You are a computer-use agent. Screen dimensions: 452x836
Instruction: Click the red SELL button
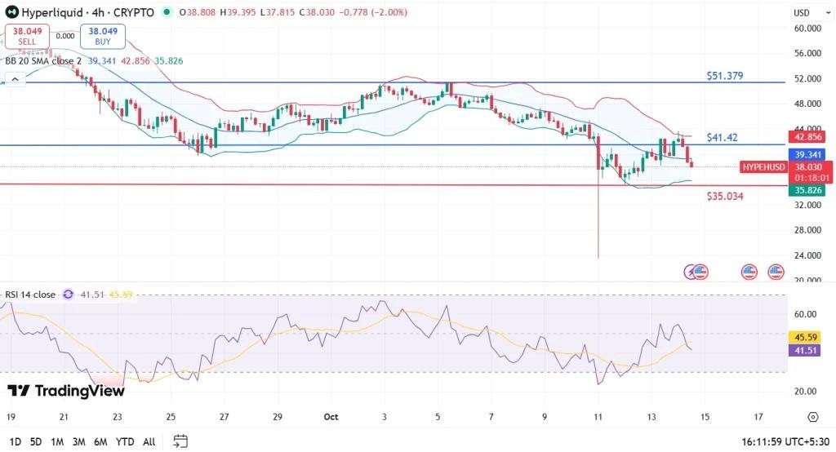(27, 35)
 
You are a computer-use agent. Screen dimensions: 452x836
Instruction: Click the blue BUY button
(97, 35)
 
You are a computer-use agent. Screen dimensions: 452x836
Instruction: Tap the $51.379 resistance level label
(725, 76)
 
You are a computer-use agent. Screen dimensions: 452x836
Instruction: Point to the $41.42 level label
(723, 138)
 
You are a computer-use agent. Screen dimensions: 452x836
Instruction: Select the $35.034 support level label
(725, 197)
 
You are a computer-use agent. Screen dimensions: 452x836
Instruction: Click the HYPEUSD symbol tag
(763, 167)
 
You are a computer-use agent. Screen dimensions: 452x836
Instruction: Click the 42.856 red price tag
(807, 137)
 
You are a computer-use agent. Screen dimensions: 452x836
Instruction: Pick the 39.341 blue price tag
(807, 154)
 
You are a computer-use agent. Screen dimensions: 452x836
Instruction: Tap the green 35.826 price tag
(807, 190)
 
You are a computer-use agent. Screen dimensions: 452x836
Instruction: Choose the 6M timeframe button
(101, 441)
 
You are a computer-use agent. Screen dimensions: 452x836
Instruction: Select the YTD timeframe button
(125, 441)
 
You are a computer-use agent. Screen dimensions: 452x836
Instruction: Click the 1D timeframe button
(15, 441)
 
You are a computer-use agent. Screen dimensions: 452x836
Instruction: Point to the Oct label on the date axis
(331, 416)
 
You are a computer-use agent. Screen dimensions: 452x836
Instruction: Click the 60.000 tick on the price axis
(807, 29)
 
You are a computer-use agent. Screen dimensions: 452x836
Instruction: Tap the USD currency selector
(802, 13)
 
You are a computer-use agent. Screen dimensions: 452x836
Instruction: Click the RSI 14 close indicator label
(30, 295)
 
